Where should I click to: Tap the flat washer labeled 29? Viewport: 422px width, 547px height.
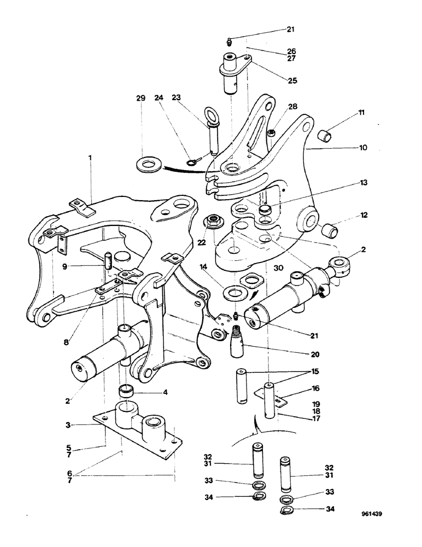point(146,165)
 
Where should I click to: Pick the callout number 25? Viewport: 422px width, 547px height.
point(292,80)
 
